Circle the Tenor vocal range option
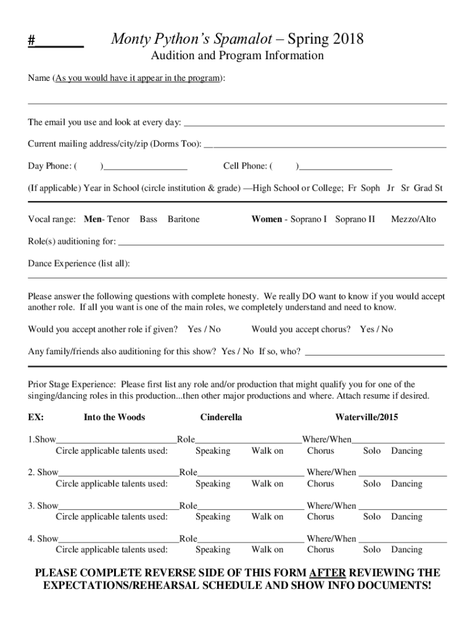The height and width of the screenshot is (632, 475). pyautogui.click(x=118, y=219)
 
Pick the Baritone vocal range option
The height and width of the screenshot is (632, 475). pyautogui.click(x=183, y=219)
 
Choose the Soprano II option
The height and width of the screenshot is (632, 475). pyautogui.click(x=355, y=219)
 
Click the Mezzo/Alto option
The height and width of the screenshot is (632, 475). pyautogui.click(x=413, y=219)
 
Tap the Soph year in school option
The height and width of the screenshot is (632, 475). pyautogui.click(x=370, y=188)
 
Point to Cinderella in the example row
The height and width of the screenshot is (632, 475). pyautogui.click(x=221, y=417)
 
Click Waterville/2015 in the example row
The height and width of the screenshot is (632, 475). pyautogui.click(x=366, y=417)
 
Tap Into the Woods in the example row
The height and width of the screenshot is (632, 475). pyautogui.click(x=114, y=417)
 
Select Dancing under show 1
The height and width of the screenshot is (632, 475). pyautogui.click(x=407, y=451)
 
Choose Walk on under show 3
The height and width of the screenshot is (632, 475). pyautogui.click(x=267, y=517)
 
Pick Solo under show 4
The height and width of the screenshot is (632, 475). pyautogui.click(x=372, y=549)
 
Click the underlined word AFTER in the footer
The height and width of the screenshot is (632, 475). pyautogui.click(x=327, y=572)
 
